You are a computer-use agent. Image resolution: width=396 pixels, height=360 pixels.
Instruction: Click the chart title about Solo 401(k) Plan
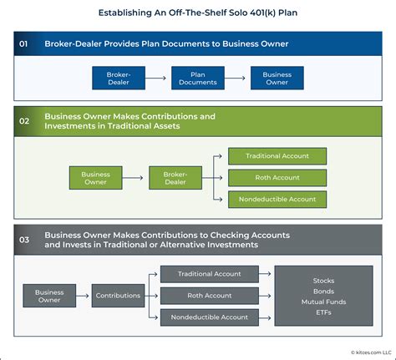[198, 13]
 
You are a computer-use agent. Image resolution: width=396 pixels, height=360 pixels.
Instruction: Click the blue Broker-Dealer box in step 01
[119, 78]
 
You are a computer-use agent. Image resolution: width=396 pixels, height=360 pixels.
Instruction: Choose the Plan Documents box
[198, 78]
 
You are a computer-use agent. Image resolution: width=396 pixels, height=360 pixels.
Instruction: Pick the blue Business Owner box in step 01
[277, 78]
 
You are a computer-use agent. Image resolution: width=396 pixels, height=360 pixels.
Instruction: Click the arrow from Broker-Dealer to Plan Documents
[158, 78]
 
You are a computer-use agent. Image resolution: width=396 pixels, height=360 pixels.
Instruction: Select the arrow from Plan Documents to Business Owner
[237, 78]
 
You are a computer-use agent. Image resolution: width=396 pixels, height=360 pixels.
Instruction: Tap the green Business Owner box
[95, 177]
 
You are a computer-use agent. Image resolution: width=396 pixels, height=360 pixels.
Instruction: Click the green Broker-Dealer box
[175, 177]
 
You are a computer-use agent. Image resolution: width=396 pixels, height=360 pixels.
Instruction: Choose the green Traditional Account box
[277, 156]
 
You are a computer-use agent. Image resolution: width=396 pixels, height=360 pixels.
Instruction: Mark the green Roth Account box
[277, 177]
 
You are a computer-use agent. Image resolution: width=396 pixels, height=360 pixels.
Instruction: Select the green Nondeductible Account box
[277, 199]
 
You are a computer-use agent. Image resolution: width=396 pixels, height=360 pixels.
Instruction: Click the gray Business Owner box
[49, 296]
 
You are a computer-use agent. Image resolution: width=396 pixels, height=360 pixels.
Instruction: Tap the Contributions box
[118, 296]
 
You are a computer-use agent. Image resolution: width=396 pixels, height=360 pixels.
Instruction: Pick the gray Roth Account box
[211, 295]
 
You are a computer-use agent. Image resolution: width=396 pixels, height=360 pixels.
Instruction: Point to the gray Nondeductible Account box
[211, 317]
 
